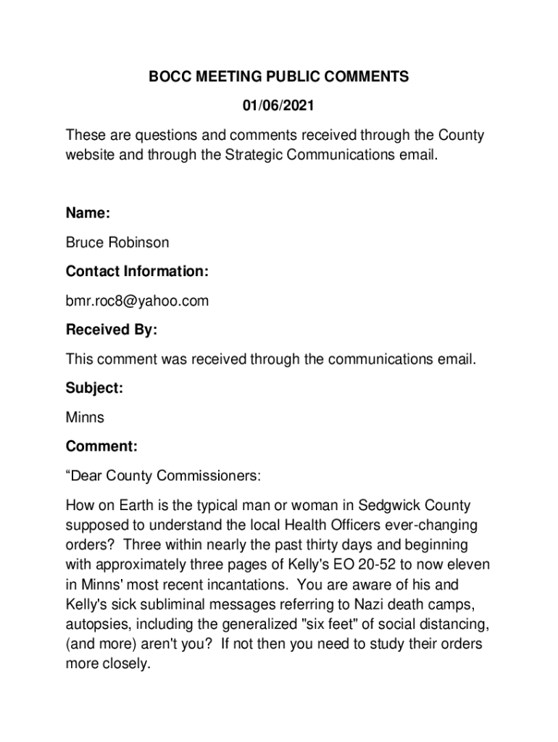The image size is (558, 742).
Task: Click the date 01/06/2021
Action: coord(278,106)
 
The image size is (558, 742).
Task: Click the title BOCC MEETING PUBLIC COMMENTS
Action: coord(279,77)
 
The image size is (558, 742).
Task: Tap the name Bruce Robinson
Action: coord(117,242)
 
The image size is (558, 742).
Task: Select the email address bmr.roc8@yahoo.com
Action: coord(137,301)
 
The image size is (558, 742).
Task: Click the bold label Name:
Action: coord(88,213)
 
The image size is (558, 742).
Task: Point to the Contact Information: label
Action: coord(137,272)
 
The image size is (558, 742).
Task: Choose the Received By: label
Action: coord(112,330)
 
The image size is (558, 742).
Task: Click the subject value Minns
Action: coord(85,417)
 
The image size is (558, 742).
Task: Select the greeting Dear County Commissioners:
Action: coord(163,476)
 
